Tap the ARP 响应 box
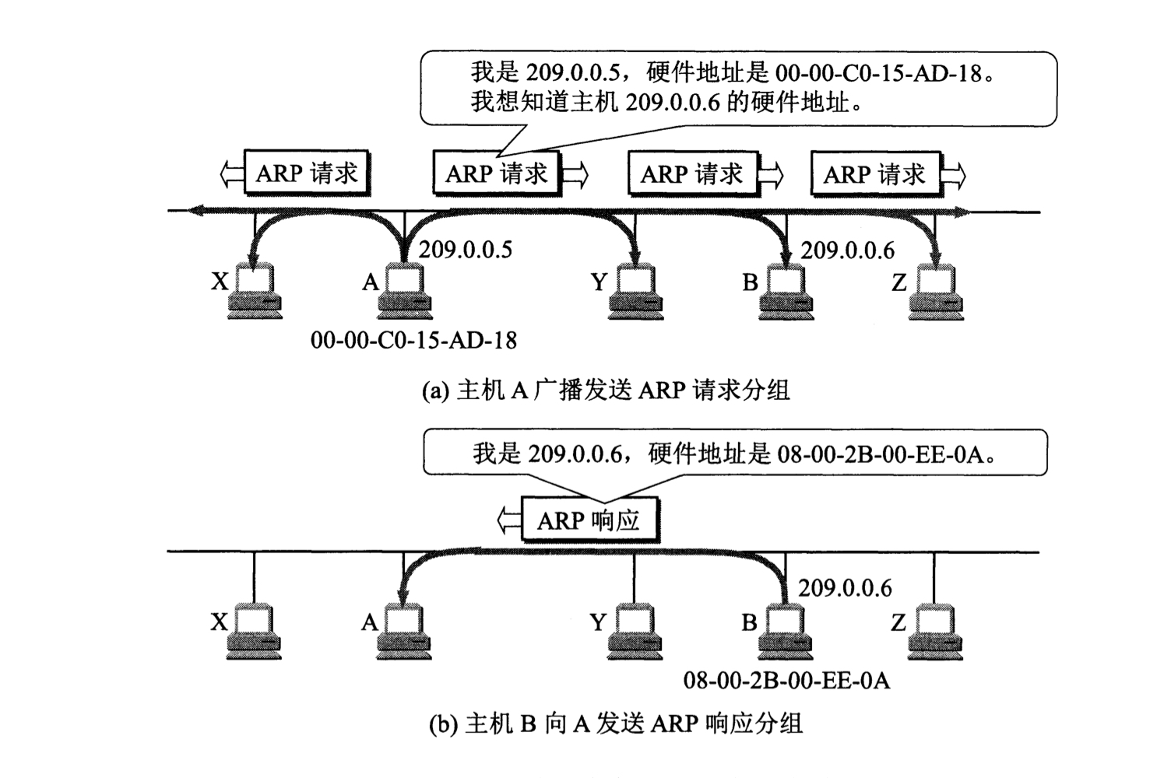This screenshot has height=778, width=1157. tap(589, 520)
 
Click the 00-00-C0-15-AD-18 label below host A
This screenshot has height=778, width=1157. tap(413, 340)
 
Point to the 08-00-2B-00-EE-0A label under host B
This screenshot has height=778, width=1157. tap(786, 681)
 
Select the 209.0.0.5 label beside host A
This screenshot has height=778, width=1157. tap(466, 250)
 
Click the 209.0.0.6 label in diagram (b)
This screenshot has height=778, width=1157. tap(845, 588)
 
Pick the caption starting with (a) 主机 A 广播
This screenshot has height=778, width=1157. tap(606, 390)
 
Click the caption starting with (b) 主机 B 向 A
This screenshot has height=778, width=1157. tap(615, 724)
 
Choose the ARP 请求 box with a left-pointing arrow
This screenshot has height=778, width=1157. tap(307, 173)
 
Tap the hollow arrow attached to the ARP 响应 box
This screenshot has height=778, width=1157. tap(508, 520)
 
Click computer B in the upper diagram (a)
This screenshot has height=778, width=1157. tap(786, 291)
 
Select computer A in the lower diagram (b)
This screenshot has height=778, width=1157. tap(404, 631)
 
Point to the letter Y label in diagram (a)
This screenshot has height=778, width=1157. tap(598, 282)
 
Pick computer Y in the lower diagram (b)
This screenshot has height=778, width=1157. tap(635, 631)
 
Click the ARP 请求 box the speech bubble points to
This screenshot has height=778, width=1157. tap(496, 173)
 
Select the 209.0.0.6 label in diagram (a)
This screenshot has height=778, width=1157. tap(847, 251)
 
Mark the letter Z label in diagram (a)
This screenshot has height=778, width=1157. tap(899, 282)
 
